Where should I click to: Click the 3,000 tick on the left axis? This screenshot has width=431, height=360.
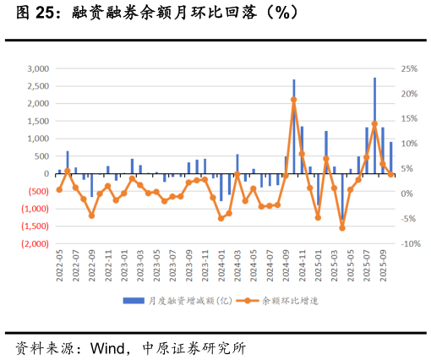[x=38, y=68]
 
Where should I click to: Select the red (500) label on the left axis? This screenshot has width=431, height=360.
[x=38, y=191]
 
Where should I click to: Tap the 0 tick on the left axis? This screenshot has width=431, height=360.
[x=46, y=173]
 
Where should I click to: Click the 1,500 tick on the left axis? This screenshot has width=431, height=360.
[x=38, y=121]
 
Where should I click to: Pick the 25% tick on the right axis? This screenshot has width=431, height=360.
[x=409, y=68]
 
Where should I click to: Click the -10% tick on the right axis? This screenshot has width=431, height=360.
[x=409, y=244]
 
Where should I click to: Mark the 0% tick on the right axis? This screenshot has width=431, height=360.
[x=406, y=194]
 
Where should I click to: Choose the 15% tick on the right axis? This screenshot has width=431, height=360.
[x=409, y=118]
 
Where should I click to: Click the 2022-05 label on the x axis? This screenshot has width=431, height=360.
[x=59, y=265]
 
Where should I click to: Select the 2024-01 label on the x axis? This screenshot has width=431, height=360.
[x=221, y=265]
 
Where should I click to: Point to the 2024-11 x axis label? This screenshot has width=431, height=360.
[x=303, y=265]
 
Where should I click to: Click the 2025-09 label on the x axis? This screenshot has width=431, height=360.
[x=383, y=265]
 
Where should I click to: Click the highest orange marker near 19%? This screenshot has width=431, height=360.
[x=293, y=100]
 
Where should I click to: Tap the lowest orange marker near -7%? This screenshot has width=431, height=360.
[x=342, y=228]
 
